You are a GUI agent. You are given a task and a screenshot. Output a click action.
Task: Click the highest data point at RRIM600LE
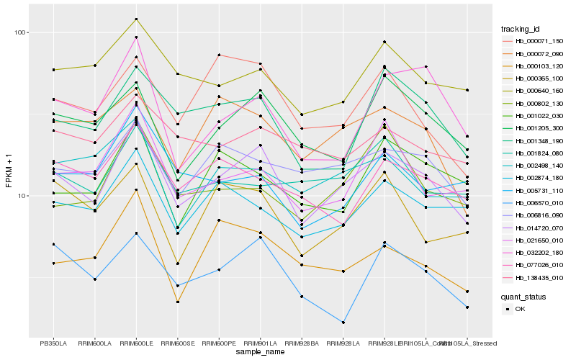(x=136, y=19)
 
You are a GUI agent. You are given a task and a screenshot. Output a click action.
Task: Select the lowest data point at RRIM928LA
(x=343, y=323)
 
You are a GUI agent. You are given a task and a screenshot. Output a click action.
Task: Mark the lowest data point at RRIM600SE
(x=178, y=302)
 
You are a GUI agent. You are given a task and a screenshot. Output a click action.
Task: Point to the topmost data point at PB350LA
(x=53, y=70)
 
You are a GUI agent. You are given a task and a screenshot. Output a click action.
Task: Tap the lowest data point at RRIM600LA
(x=95, y=279)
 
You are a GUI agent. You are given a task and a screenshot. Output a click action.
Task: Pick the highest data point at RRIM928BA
(x=302, y=114)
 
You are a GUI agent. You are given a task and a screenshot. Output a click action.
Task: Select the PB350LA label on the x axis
(x=53, y=343)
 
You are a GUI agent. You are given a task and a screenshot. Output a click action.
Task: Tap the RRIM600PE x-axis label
(x=219, y=343)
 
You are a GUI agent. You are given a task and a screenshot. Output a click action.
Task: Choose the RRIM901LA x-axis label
(x=260, y=343)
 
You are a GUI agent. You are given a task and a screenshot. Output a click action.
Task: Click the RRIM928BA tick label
(x=302, y=343)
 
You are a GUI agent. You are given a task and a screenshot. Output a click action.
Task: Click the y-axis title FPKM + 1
(x=9, y=171)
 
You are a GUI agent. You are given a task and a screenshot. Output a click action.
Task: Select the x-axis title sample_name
(x=260, y=353)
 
